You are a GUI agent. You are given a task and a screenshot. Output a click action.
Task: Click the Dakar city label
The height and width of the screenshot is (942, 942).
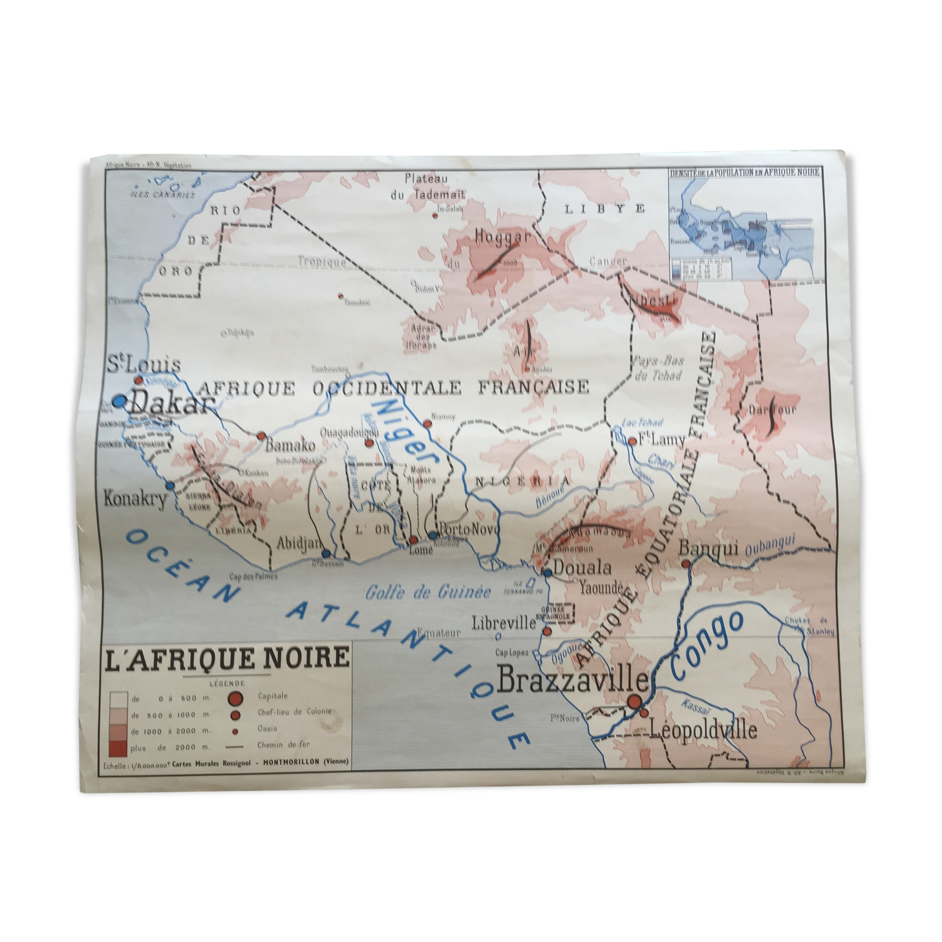point(171,405)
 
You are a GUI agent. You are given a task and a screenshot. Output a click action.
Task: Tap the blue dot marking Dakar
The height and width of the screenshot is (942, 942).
point(119,401)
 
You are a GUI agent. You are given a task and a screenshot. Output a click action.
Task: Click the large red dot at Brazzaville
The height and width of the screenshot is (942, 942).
point(634,701)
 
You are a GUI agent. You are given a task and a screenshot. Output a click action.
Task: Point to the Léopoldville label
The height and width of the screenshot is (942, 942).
point(703,731)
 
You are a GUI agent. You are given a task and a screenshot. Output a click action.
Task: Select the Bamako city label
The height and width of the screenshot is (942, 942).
point(290,445)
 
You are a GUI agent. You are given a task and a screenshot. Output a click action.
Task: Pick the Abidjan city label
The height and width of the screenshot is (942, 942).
point(298,543)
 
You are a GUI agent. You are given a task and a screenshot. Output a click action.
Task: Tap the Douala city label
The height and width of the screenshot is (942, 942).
point(583,568)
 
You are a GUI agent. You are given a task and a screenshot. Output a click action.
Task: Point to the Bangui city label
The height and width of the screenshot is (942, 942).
point(709,548)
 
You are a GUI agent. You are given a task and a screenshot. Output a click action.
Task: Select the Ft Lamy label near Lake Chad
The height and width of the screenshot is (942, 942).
point(661,440)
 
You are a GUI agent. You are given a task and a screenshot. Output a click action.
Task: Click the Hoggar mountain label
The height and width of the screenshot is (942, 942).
point(502,237)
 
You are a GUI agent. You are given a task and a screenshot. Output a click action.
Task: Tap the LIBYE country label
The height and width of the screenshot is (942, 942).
point(605,208)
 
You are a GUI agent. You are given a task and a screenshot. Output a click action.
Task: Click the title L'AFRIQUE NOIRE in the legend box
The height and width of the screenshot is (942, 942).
point(228,658)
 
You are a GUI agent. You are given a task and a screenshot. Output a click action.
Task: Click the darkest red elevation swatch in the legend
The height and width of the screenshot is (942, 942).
point(118,747)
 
